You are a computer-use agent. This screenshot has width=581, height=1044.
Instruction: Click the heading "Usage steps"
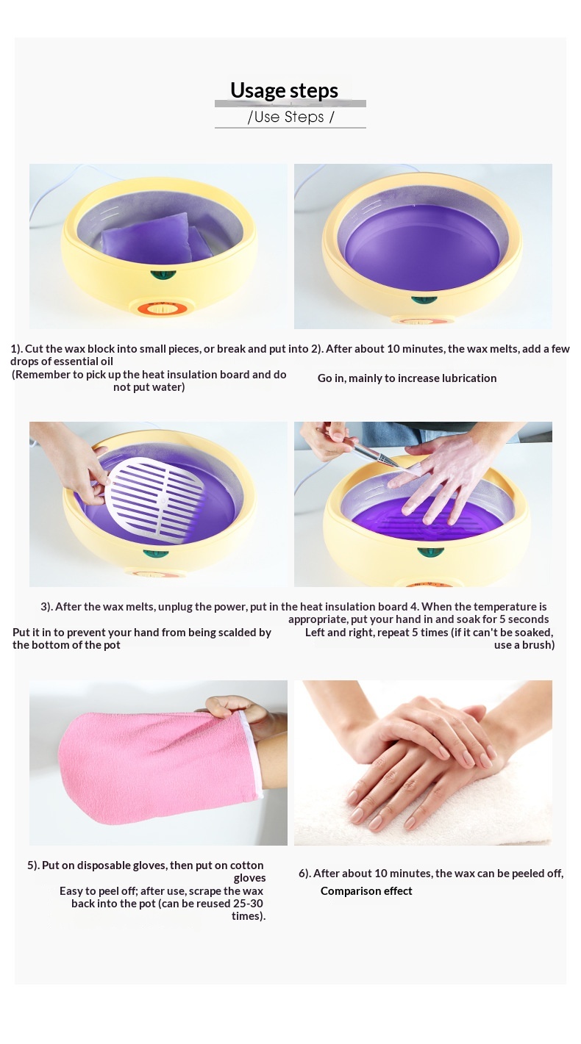tap(284, 90)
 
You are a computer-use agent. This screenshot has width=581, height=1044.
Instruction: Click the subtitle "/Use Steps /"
tap(290, 117)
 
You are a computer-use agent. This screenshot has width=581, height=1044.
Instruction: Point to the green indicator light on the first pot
tap(163, 274)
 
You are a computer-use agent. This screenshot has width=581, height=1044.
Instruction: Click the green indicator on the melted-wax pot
tap(424, 300)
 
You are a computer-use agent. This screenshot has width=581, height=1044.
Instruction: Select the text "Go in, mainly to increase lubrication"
tap(407, 378)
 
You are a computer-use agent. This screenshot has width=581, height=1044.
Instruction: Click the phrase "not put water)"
tap(149, 387)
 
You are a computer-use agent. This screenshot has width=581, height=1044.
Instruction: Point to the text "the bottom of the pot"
tap(66, 645)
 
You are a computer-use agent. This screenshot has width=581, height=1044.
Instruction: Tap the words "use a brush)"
tap(524, 645)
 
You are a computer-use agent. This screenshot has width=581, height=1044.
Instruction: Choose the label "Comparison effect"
tap(366, 891)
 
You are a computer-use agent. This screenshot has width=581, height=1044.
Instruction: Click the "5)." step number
tap(33, 865)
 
